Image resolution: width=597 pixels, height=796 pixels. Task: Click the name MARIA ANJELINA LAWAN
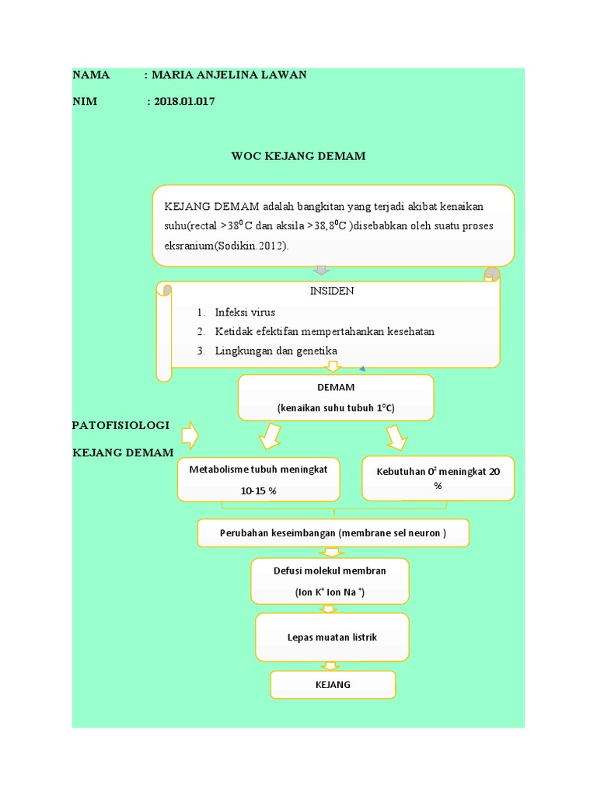coord(229,75)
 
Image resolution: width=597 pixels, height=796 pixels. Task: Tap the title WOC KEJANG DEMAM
coord(298,156)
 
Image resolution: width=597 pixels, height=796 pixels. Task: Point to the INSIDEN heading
coord(331,291)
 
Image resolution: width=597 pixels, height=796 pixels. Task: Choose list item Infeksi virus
coord(245,312)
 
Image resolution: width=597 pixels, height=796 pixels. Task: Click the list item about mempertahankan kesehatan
coord(324,331)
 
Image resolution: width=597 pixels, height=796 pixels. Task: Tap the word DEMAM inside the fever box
coord(336,387)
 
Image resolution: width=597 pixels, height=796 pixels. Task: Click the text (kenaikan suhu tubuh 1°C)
coord(336,409)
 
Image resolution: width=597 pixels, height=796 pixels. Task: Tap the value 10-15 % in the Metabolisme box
coord(258,491)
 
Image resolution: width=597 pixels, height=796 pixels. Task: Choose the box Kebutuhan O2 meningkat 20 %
coord(438,478)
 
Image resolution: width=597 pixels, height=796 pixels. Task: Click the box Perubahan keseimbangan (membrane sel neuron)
coord(333,534)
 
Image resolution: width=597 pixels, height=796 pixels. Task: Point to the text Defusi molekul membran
coord(330,571)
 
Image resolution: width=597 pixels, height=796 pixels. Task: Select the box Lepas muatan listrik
coord(331,637)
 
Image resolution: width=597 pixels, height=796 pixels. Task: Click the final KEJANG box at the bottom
coord(333,685)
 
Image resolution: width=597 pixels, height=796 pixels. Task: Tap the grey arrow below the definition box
coord(321,271)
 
